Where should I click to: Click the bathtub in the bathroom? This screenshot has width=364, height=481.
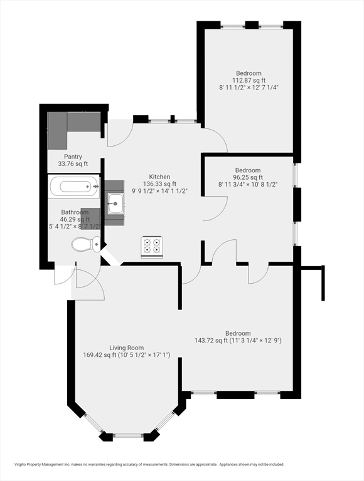74,186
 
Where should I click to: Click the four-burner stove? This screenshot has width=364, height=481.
151,246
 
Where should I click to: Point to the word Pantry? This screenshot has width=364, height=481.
73,157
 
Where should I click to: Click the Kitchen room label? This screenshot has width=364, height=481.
159,177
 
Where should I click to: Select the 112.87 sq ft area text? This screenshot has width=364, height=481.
249,80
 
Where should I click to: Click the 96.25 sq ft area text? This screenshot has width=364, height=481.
248,177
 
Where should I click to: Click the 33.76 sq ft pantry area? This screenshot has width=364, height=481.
73,164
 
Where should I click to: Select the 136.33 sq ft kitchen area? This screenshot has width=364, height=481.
159,184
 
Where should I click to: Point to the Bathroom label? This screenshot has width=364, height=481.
75,212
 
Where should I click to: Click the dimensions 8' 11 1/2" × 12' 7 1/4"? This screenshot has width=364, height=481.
249,88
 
